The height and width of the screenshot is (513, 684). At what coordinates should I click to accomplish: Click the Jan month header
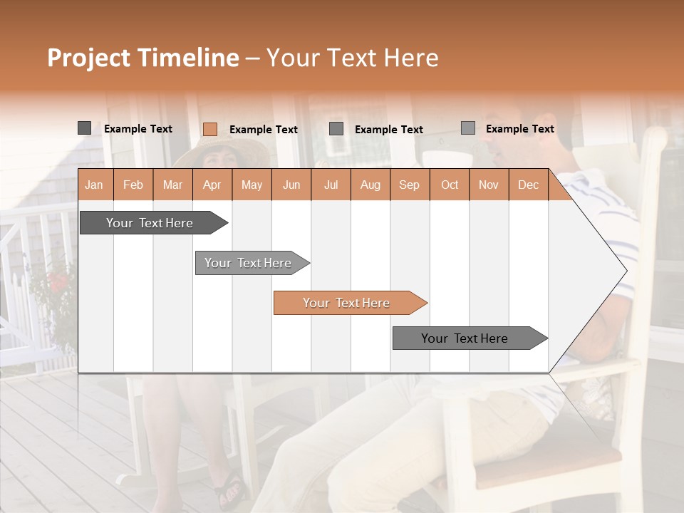(95, 185)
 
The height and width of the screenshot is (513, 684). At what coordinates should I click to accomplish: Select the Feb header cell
(133, 185)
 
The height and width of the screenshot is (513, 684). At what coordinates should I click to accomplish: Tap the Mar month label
(172, 185)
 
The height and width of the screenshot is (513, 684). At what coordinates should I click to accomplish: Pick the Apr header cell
(212, 185)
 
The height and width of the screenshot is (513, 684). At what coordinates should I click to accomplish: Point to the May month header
(252, 185)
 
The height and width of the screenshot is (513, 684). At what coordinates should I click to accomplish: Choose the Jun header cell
(291, 185)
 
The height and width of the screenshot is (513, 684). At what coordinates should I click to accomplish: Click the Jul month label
(331, 185)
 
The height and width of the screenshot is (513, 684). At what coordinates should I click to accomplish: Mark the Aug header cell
(370, 185)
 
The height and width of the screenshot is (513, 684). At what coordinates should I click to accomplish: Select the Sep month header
(410, 185)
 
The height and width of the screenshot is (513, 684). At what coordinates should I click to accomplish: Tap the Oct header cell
(450, 185)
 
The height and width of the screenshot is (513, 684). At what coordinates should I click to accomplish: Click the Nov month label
(489, 185)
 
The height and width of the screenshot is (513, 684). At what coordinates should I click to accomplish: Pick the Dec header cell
(529, 185)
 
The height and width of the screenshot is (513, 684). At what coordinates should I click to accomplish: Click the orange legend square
(210, 129)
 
